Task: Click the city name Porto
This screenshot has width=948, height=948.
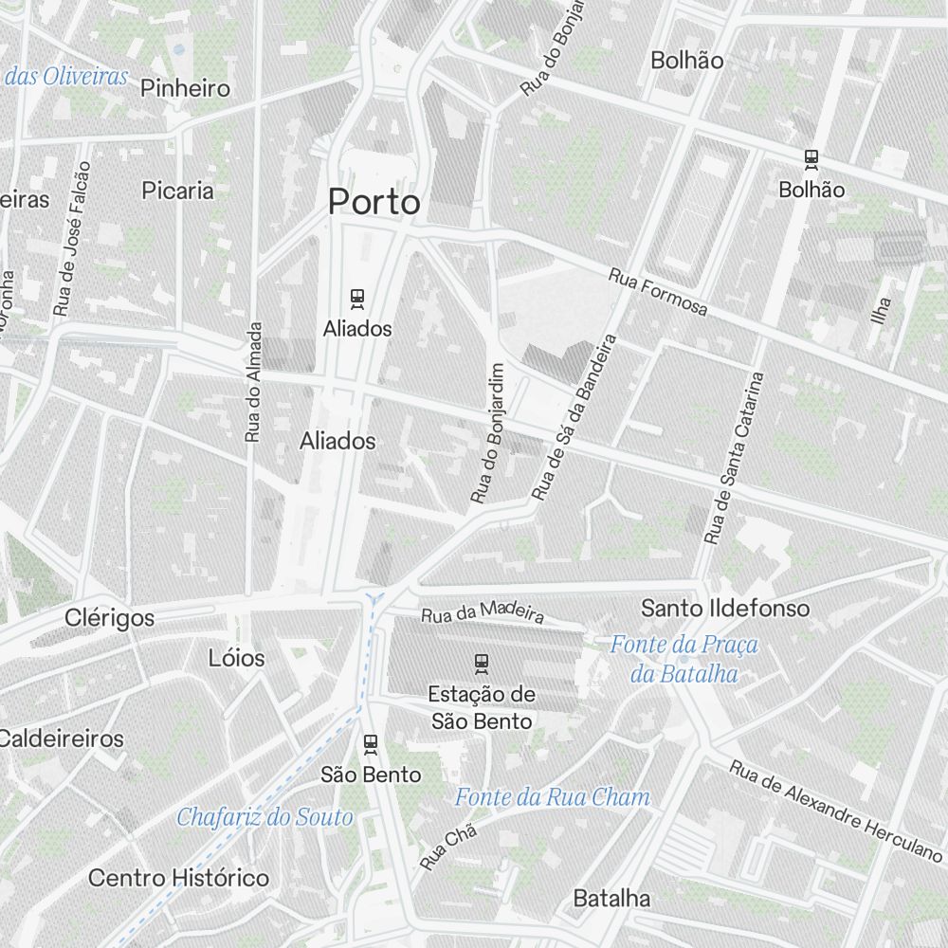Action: (374, 202)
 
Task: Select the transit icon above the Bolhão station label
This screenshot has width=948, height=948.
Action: (811, 159)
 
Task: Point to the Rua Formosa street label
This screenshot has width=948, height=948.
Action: (659, 292)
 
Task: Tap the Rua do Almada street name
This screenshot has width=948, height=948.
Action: (253, 381)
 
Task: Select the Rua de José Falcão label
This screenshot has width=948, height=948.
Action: (73, 239)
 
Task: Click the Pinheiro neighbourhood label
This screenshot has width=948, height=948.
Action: (185, 89)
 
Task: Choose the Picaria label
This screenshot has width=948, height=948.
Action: (177, 191)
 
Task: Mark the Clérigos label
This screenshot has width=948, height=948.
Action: (109, 618)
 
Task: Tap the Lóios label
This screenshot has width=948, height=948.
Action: (236, 658)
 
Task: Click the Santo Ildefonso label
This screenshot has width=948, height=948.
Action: (725, 608)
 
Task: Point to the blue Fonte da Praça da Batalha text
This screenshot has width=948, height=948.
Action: (684, 659)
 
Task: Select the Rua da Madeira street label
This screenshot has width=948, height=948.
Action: (483, 612)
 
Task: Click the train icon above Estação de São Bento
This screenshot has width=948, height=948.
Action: (482, 663)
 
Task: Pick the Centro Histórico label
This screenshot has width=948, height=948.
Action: (178, 878)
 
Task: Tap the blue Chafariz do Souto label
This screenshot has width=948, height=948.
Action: (264, 816)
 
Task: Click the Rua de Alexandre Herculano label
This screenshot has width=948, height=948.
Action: (835, 809)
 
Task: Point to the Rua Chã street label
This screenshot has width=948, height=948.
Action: (447, 848)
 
